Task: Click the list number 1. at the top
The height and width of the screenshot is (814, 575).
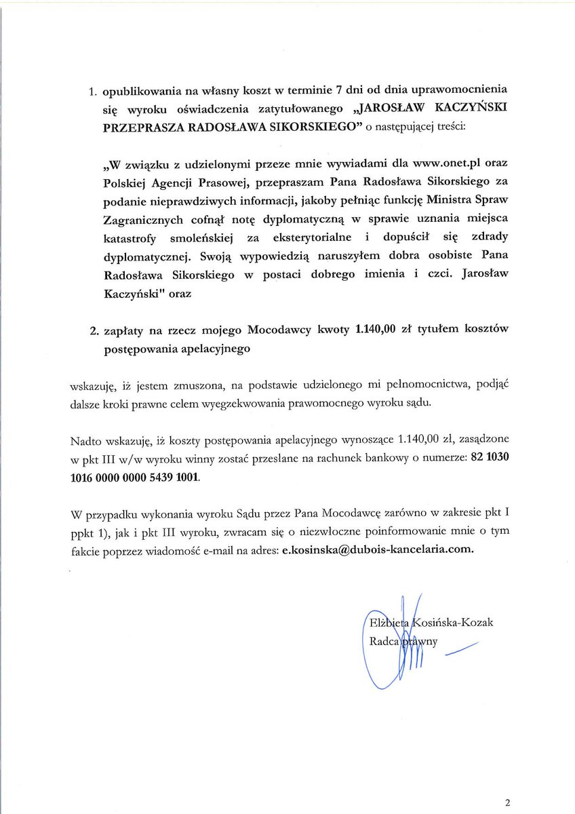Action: [x=94, y=92]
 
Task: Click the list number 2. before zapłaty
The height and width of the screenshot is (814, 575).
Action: [x=94, y=332]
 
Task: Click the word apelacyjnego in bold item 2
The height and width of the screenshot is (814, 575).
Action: [x=210, y=350]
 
